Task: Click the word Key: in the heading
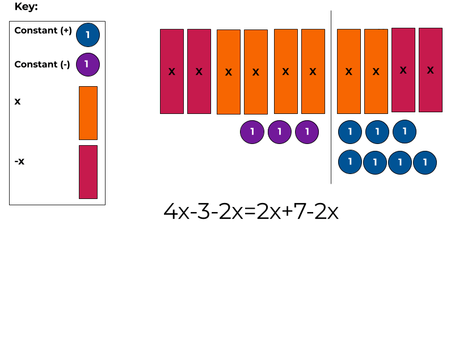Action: (26, 7)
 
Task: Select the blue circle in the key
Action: (87, 35)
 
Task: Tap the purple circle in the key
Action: (87, 64)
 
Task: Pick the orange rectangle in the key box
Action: (88, 113)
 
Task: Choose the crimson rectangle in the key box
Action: (88, 172)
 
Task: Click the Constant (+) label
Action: (43, 31)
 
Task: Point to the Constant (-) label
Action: (42, 65)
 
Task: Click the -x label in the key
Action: (19, 162)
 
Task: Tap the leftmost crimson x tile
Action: (172, 71)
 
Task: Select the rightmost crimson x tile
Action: (431, 70)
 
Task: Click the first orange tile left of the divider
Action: (313, 71)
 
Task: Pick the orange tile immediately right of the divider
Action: (349, 71)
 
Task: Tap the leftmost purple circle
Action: (252, 132)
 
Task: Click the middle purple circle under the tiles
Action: (280, 132)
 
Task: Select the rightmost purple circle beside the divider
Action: (307, 132)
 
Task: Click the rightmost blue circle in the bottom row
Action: (425, 163)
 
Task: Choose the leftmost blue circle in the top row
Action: (350, 132)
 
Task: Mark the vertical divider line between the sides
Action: (331, 96)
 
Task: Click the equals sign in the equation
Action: (248, 213)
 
